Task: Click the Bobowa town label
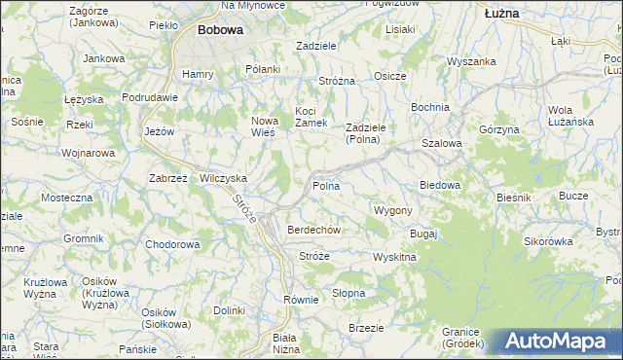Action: pyautogui.click(x=220, y=30)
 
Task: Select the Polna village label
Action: pyautogui.click(x=324, y=185)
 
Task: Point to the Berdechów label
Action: pyautogui.click(x=312, y=230)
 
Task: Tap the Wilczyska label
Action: pyautogui.click(x=223, y=179)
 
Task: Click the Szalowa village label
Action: pyautogui.click(x=441, y=143)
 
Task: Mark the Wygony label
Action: pyautogui.click(x=393, y=210)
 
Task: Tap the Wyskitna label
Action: pyautogui.click(x=394, y=257)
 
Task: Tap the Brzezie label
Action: pyautogui.click(x=365, y=328)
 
